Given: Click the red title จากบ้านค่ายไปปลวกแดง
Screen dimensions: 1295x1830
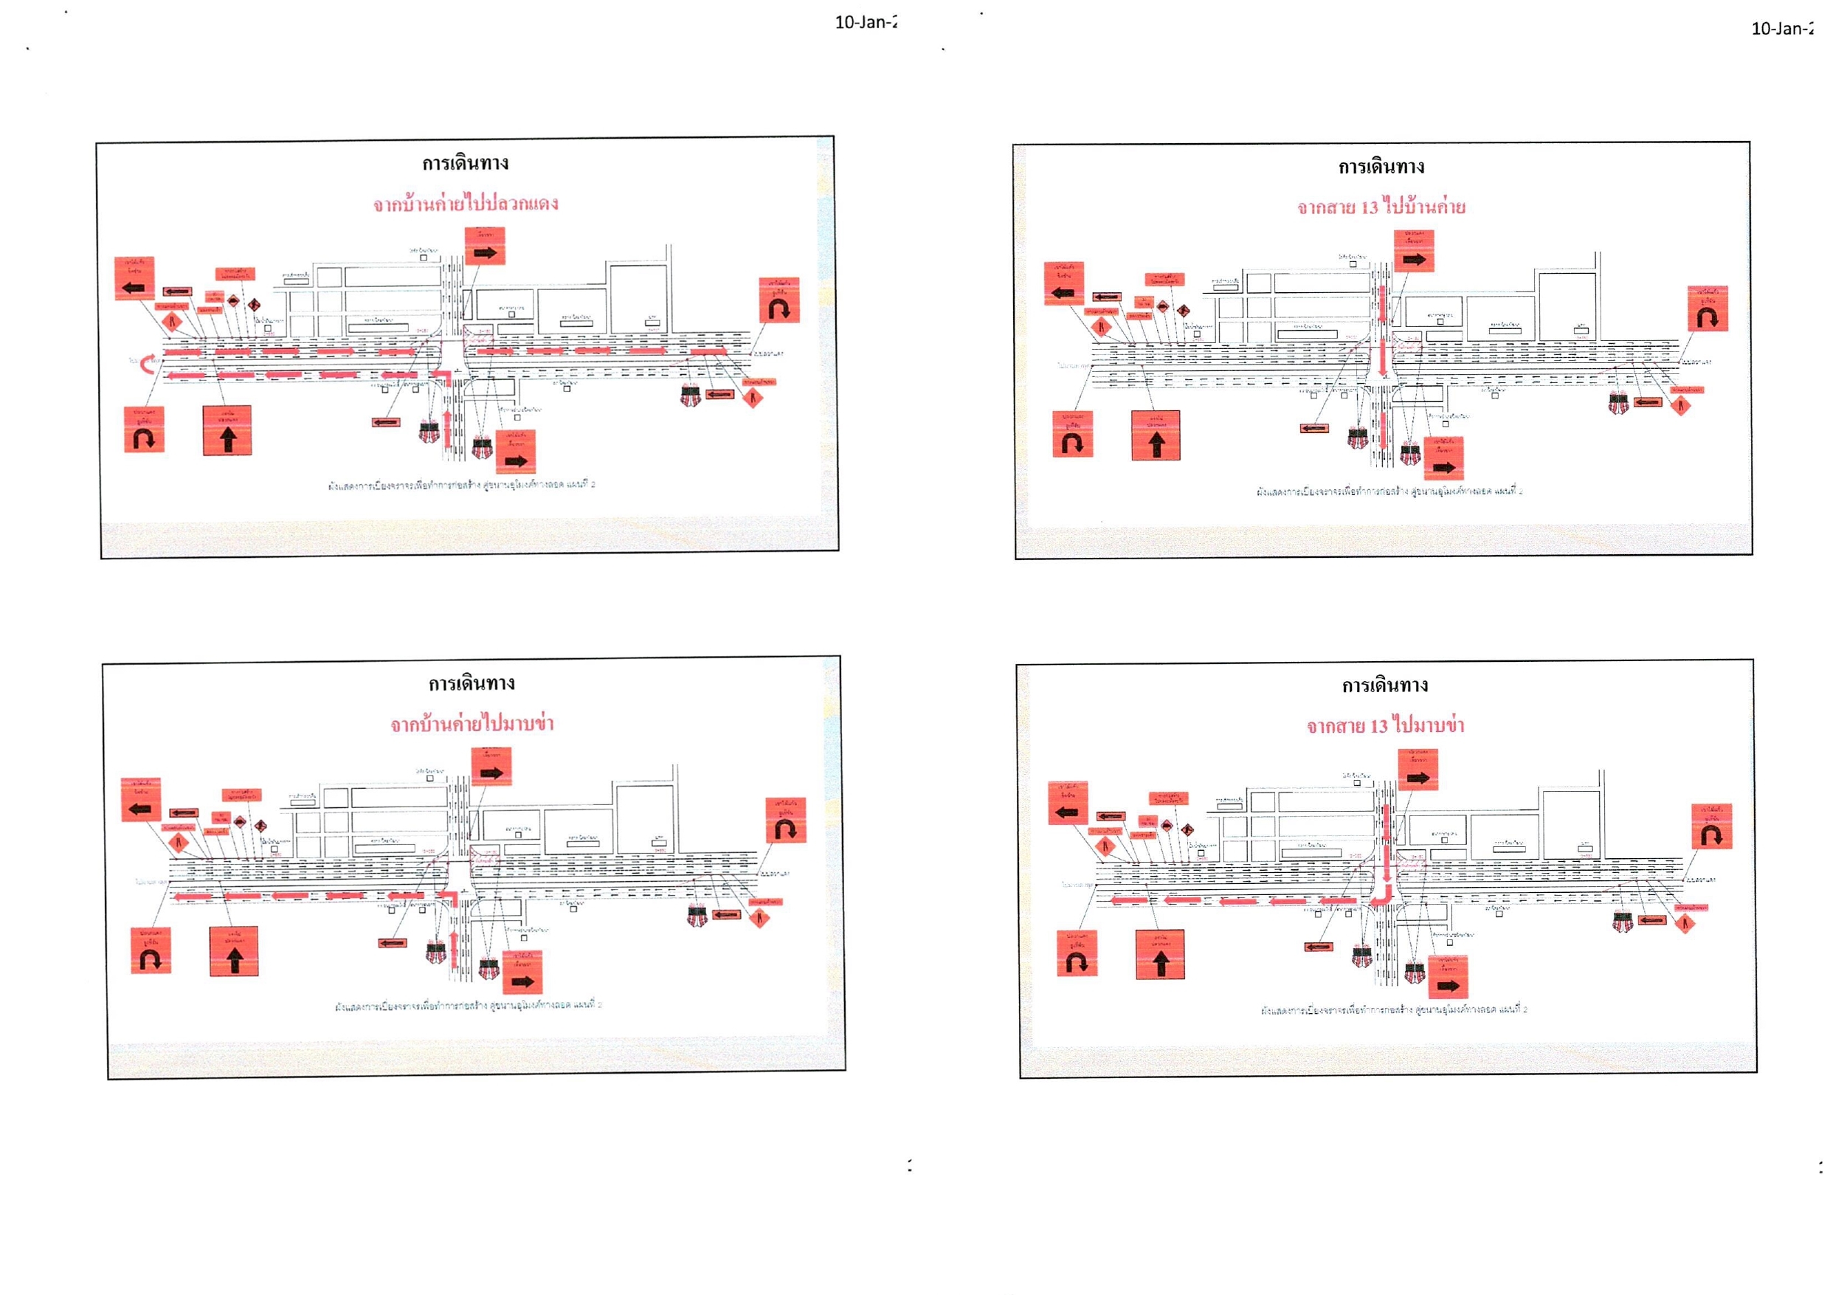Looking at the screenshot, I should (x=466, y=204).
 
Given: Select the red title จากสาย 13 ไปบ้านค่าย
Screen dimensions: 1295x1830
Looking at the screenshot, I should (x=1381, y=207).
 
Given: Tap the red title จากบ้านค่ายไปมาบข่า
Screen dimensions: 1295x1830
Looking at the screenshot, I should (x=472, y=724).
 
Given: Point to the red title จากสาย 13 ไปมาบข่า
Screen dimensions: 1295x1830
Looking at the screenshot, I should (x=1385, y=725).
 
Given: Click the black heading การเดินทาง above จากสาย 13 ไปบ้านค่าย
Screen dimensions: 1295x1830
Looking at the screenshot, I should (x=1381, y=167).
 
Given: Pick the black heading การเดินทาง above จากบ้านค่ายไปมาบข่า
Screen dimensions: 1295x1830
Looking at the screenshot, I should (x=472, y=683).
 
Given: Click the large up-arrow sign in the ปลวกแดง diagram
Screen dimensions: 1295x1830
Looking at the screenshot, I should (x=227, y=431).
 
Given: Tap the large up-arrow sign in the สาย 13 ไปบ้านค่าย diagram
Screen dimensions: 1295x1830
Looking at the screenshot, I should (x=1156, y=435).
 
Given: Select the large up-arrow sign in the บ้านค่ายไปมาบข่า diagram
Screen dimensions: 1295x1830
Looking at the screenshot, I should (x=234, y=951).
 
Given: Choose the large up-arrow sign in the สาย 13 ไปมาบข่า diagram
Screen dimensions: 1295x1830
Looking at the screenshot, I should (x=1160, y=955).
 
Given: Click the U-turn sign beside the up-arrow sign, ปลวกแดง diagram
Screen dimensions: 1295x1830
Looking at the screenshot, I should (x=145, y=429).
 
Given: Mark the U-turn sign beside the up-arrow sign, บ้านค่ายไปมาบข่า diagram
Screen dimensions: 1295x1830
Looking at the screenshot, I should (x=151, y=950).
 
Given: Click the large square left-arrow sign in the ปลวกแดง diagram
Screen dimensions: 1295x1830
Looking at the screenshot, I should (x=134, y=278).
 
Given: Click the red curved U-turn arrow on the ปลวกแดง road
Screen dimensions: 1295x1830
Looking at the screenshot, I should (x=148, y=363).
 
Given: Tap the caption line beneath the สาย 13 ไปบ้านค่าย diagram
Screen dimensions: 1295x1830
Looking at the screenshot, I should (x=1389, y=491).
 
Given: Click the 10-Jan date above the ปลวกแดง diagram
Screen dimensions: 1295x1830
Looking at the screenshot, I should (x=865, y=22).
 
